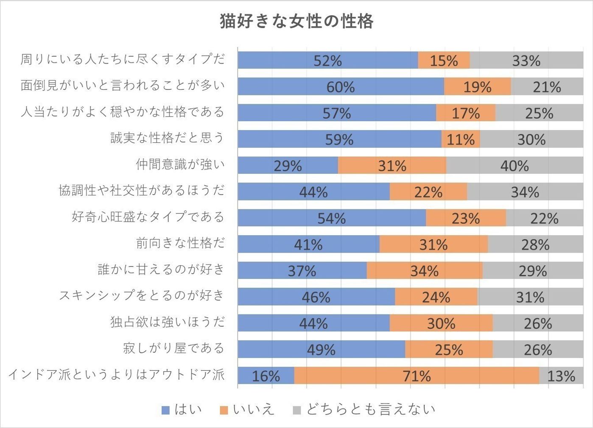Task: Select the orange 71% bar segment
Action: coord(417,375)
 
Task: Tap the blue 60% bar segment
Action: coord(341,86)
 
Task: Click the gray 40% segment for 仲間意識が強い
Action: coord(515,165)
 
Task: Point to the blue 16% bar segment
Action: coord(266,375)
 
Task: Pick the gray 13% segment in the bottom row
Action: coord(561,375)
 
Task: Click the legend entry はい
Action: coord(182,409)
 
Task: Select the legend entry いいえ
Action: coord(248,409)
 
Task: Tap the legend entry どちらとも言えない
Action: coord(365,409)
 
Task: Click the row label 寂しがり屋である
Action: coord(173,348)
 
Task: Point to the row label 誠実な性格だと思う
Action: coord(167,138)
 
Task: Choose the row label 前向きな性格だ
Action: coord(180,243)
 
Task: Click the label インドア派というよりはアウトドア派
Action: coord(116,375)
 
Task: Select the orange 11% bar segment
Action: coord(461,139)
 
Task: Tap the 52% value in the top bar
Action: coord(327,61)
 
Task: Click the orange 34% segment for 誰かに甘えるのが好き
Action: coord(424,270)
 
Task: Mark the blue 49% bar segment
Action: coord(321,349)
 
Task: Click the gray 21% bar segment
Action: coord(547,86)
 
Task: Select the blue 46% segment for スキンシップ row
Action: coord(316,297)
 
